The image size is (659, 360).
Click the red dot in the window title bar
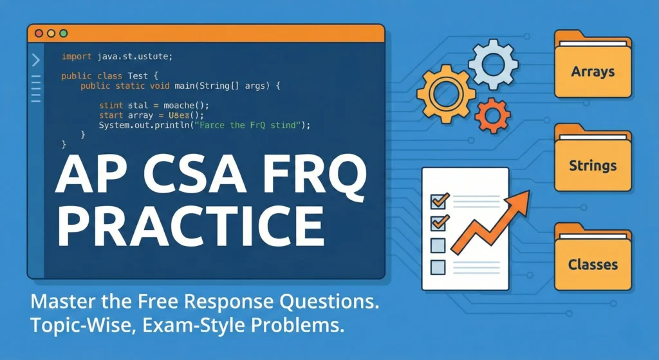pos(39,33)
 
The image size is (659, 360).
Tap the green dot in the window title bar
pos(63,33)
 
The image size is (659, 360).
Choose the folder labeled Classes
pos(593,261)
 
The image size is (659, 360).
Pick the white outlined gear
pos(492,64)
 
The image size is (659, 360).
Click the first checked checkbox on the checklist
pos(438,200)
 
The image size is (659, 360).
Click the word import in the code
pos(77,57)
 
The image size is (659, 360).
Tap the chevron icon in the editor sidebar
pos(35,60)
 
